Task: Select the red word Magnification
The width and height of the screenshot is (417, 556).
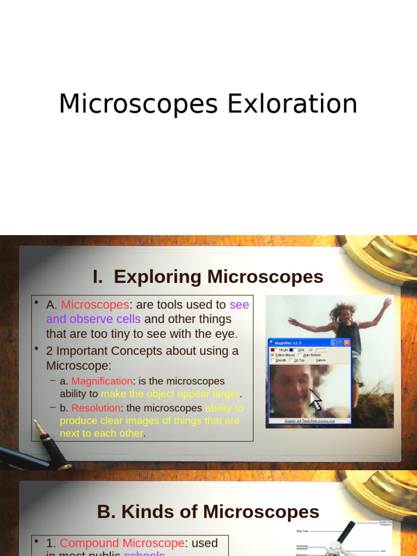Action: click(102, 381)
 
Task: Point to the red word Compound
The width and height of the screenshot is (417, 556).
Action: click(89, 543)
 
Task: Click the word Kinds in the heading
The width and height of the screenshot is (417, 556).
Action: click(142, 512)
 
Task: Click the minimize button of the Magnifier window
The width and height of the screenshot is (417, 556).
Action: click(334, 343)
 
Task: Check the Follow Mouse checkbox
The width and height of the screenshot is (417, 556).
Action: click(273, 355)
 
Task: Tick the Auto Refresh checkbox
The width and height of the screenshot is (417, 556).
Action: click(300, 355)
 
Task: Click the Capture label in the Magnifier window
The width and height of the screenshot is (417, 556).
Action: click(320, 360)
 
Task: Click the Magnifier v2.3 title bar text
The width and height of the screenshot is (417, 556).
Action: click(289, 343)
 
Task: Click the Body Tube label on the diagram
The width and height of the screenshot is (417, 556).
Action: click(303, 531)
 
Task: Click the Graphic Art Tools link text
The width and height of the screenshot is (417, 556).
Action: click(310, 421)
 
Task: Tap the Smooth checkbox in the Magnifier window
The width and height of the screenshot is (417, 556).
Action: click(273, 360)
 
